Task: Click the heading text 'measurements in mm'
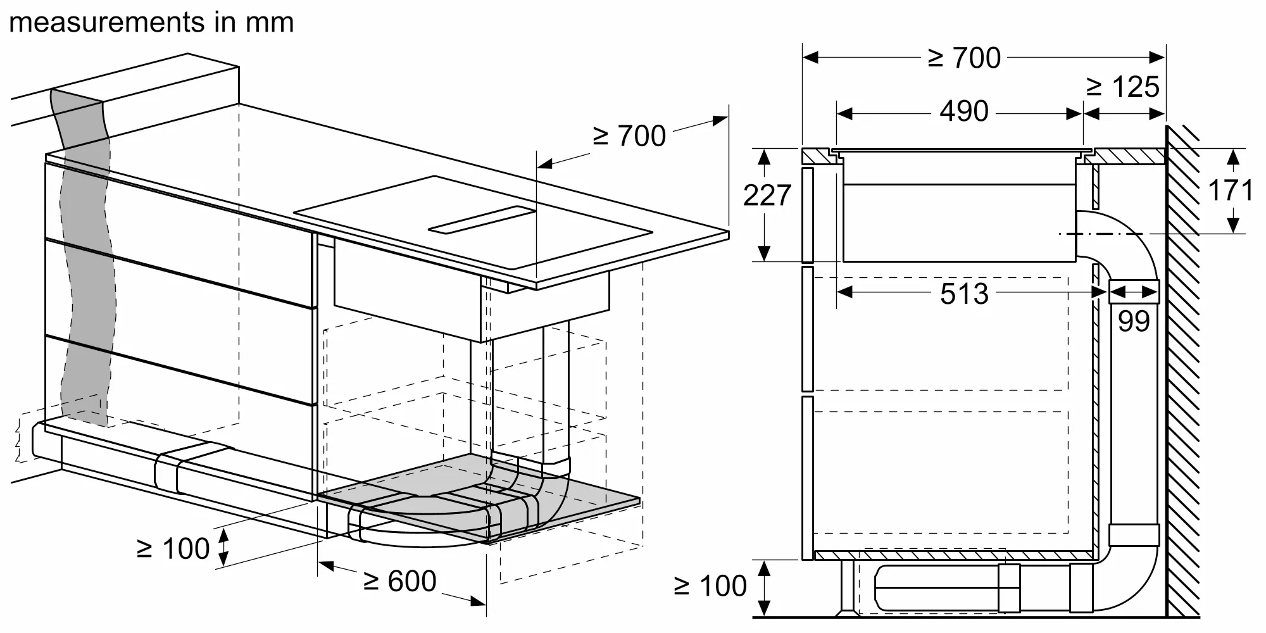coord(152,23)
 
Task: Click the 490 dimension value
coord(963,112)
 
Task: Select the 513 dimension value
coord(964,294)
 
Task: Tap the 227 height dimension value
coord(767,196)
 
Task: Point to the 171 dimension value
coord(1231,191)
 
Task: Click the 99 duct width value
coord(1133,322)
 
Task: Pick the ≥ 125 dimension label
coord(1123,87)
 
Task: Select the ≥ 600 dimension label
coord(400,581)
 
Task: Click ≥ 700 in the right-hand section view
coord(964,58)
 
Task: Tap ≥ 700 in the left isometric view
coord(629,136)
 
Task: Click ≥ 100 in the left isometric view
coord(173,549)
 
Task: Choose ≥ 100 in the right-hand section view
coord(710,586)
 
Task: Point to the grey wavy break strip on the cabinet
coord(85,253)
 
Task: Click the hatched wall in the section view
coord(1182,380)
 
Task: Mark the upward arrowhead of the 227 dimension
coord(765,154)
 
